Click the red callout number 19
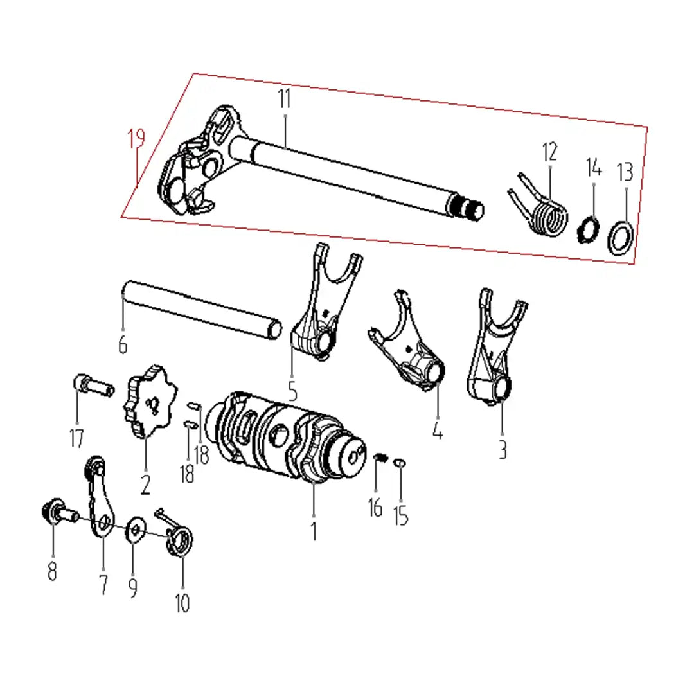tap(137, 139)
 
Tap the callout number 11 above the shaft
tap(285, 99)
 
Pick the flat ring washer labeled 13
tap(620, 238)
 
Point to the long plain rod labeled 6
tap(201, 310)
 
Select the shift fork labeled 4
tap(407, 343)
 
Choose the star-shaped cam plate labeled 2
tap(149, 400)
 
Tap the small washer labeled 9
tap(136, 529)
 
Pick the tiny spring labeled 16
tap(380, 458)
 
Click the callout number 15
tap(401, 515)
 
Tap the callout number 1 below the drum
tap(314, 531)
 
